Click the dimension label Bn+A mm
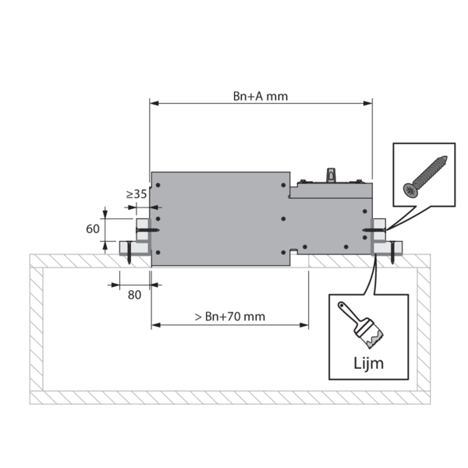click(x=261, y=97)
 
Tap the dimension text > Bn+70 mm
click(x=230, y=317)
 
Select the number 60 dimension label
click(x=93, y=229)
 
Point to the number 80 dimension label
click(x=134, y=295)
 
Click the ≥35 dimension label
click(x=136, y=194)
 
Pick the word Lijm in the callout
click(x=368, y=363)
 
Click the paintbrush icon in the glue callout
click(x=360, y=324)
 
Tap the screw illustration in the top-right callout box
click(x=425, y=176)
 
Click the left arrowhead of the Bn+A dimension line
click(x=154, y=103)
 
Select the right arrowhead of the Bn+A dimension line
click(x=367, y=103)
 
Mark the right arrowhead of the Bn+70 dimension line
click(x=304, y=325)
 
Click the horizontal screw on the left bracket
click(x=147, y=230)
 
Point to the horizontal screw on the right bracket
click(x=374, y=230)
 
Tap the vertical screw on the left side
click(x=129, y=253)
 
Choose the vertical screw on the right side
click(x=392, y=253)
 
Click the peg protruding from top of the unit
click(x=331, y=175)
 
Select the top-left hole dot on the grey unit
click(x=158, y=185)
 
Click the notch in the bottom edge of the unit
click(x=294, y=252)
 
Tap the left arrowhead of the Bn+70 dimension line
click(x=156, y=325)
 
